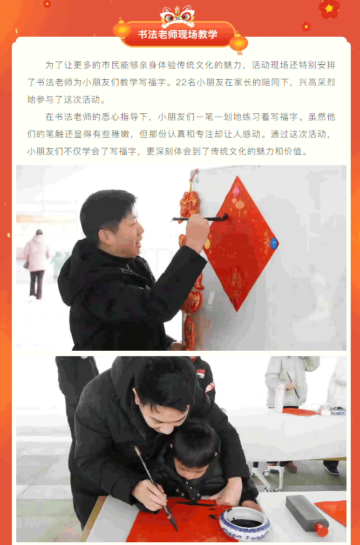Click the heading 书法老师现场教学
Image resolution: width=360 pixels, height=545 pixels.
coord(178,35)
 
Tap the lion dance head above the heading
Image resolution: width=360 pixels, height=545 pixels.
coord(177,16)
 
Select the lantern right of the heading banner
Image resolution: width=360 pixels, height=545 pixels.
coord(239,43)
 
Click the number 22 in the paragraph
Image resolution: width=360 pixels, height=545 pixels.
coord(181,83)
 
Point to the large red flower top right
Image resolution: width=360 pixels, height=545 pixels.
coord(329,8)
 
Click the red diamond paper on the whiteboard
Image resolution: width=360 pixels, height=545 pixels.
coord(239,243)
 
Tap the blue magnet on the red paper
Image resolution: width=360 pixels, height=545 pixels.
coord(274,243)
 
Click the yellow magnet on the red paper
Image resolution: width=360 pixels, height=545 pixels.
coord(207,244)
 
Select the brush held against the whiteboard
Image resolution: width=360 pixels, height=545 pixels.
coord(200,219)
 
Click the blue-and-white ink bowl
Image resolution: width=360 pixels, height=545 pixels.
coord(244,524)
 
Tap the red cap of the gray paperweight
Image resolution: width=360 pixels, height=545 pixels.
coord(322,530)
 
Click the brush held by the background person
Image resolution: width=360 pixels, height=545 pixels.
coord(293,385)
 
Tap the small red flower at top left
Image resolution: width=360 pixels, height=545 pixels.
coord(47,3)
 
